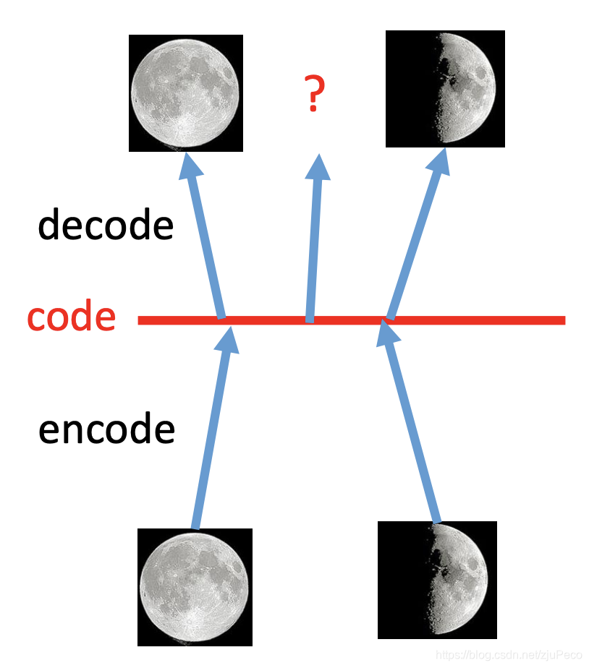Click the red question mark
[x=313, y=95]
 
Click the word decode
[x=106, y=226]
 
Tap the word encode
[x=106, y=429]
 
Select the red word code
[x=71, y=318]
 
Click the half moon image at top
[x=444, y=89]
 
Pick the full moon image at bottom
[x=195, y=586]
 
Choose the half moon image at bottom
[x=437, y=580]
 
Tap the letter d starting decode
[x=48, y=226]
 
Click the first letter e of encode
[x=47, y=431]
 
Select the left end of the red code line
[x=141, y=320]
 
